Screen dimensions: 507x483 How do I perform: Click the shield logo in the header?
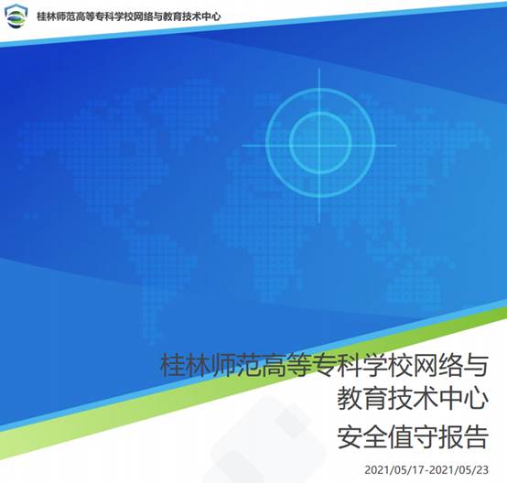tap(16, 16)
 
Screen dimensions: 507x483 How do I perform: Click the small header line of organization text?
tap(129, 16)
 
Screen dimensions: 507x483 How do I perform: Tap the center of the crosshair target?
tap(319, 145)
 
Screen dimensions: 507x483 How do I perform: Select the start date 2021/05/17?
tap(394, 470)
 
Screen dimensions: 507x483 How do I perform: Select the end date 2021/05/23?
tap(459, 470)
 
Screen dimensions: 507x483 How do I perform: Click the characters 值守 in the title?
tap(413, 437)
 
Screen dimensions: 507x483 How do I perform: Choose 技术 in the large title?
tap(413, 399)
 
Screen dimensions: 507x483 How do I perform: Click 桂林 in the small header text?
tap(47, 16)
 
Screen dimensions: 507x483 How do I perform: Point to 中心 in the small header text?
tap(211, 16)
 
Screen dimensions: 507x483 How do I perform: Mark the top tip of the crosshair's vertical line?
tap(319, 68)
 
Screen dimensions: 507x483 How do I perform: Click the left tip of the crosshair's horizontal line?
tap(242, 145)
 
